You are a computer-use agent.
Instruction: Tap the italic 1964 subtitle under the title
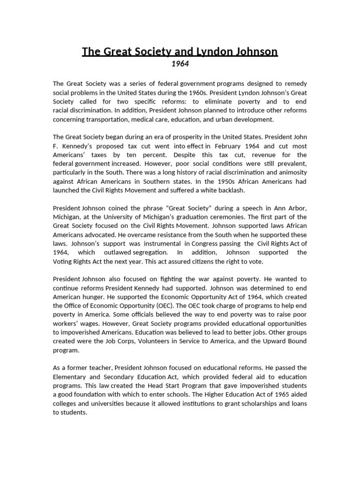(180, 64)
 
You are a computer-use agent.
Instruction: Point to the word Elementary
(70, 377)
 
